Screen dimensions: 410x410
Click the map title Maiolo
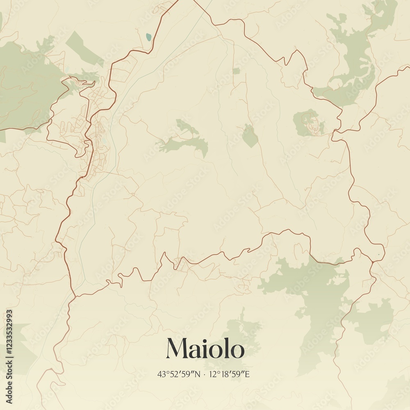[205, 349]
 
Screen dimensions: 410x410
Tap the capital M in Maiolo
[177, 349]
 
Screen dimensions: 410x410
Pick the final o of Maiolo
[237, 351]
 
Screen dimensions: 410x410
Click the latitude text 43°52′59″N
[179, 374]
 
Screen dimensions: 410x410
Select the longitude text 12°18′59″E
[230, 374]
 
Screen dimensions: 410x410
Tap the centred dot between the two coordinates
[204, 374]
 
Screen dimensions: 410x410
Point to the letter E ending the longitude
[247, 374]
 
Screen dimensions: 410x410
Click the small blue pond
[148, 37]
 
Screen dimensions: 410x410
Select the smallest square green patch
[236, 71]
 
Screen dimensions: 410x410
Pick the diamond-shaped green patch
[250, 136]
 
